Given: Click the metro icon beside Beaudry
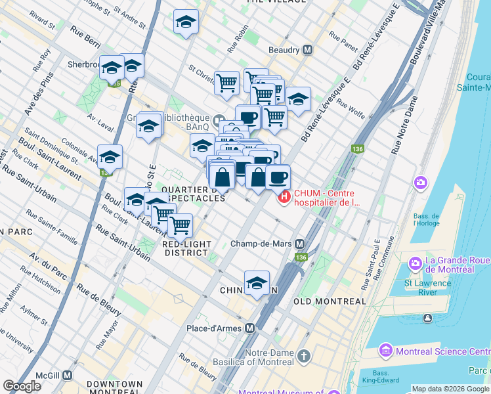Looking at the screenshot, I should coord(307,50).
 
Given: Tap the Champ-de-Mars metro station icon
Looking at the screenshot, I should coord(300,244).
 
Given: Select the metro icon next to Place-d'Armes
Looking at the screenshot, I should coord(249,328).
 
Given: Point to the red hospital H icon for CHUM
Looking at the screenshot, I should coord(284,196).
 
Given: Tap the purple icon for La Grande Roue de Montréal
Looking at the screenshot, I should coord(415,263).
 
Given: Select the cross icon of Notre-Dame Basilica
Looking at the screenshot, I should coord(303,357).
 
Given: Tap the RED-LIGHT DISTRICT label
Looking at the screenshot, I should coord(187,248).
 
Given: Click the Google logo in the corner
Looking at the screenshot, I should coord(22,386).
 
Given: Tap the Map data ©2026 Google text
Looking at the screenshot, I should coord(450,389).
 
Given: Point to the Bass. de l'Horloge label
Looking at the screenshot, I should coord(426,219).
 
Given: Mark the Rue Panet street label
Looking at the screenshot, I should coord(343,41).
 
